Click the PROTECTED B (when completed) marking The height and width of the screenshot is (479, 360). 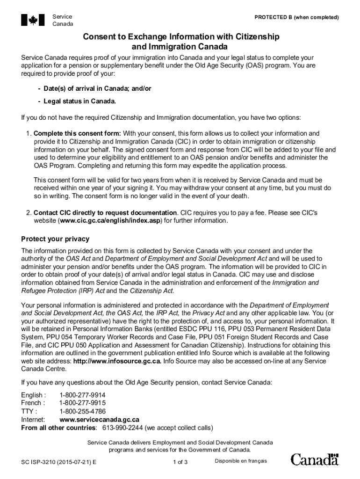[x=296, y=17]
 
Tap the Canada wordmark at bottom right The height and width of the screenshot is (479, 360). [x=315, y=460]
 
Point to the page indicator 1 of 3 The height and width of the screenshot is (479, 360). [x=180, y=462]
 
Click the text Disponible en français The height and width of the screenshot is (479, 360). [x=241, y=461]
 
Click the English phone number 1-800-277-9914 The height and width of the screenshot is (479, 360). [x=82, y=395]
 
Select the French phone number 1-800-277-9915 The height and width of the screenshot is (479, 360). [x=82, y=403]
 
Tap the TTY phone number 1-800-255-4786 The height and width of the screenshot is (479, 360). [x=82, y=412]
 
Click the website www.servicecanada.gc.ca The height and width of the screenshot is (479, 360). [x=99, y=420]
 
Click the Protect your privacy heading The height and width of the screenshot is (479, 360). [x=55, y=239]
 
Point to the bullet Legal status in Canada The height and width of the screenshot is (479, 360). [x=79, y=101]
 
